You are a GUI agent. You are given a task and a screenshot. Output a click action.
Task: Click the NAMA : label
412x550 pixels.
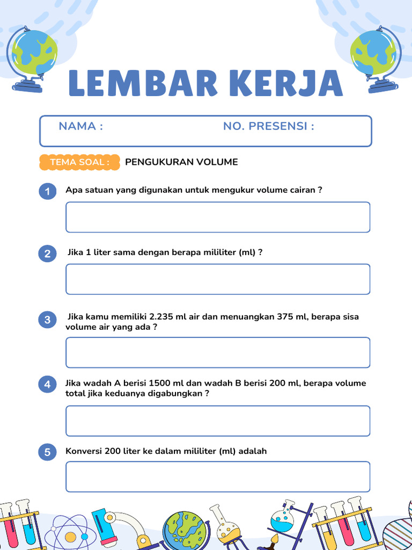(x=80, y=126)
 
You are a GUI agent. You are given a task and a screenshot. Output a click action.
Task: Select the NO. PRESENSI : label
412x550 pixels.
(x=268, y=126)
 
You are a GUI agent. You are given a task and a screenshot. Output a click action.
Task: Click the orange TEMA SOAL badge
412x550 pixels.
(x=79, y=162)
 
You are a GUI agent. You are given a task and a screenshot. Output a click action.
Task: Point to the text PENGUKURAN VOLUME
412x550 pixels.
(x=181, y=162)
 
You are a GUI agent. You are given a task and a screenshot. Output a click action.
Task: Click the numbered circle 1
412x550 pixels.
(x=48, y=191)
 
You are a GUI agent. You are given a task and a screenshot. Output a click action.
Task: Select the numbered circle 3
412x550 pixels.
(x=48, y=320)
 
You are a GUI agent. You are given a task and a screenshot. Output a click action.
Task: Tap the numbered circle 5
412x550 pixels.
(x=48, y=452)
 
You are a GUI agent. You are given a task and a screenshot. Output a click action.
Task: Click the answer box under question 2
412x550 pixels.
(x=218, y=279)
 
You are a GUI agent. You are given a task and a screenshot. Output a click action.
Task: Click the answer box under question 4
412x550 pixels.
(x=218, y=421)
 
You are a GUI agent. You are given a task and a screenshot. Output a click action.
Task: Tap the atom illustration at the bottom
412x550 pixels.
(x=70, y=534)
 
